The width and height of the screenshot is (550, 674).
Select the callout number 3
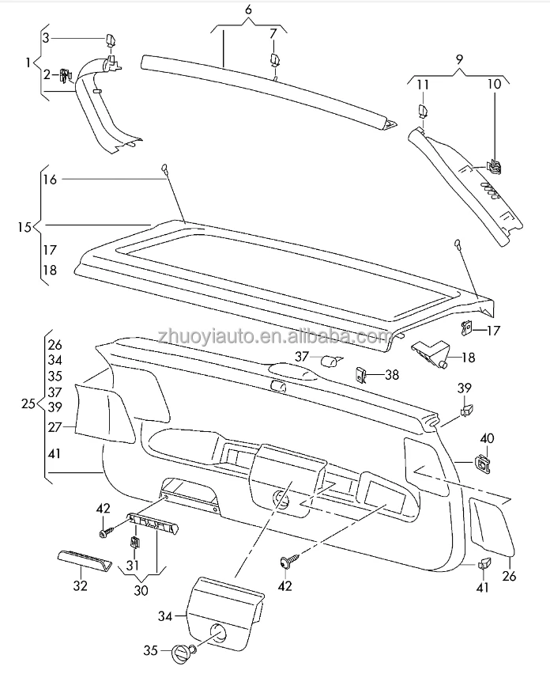pos(45,38)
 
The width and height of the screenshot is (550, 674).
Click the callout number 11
pos(424,84)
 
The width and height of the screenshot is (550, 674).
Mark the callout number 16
pos(49,180)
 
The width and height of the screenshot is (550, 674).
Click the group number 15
pos(24,227)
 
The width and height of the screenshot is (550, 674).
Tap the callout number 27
pos(54,426)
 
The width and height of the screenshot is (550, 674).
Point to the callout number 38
pos(392,376)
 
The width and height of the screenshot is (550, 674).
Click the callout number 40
pos(487,438)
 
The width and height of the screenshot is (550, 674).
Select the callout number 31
pos(132,566)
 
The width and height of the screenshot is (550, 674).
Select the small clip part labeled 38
pos(364,373)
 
